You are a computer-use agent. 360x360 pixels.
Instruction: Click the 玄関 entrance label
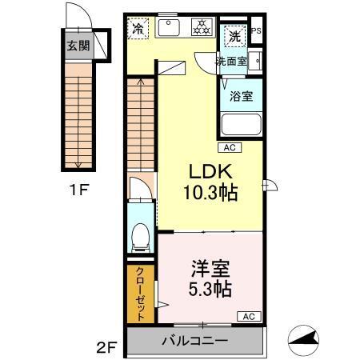78,46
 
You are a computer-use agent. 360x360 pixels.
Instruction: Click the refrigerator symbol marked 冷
138,29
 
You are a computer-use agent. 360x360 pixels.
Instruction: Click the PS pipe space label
256,32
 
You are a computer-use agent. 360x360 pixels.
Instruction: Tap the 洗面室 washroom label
231,61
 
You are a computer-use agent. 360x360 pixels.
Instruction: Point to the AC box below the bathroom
229,148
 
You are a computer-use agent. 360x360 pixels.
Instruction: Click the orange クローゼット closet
139,292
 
